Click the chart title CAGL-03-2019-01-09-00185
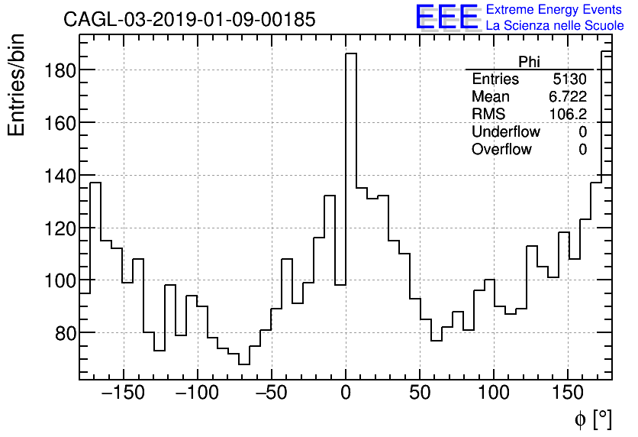[189, 20]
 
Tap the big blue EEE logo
[446, 17]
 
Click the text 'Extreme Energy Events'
[555, 10]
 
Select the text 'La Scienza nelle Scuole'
[555, 26]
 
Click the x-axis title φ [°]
[592, 419]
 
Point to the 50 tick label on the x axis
[420, 393]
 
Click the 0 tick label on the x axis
[346, 393]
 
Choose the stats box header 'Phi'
[529, 63]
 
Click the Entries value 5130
[570, 79]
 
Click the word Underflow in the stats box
[505, 132]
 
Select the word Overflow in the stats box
[501, 150]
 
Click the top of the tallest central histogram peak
[351, 53]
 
